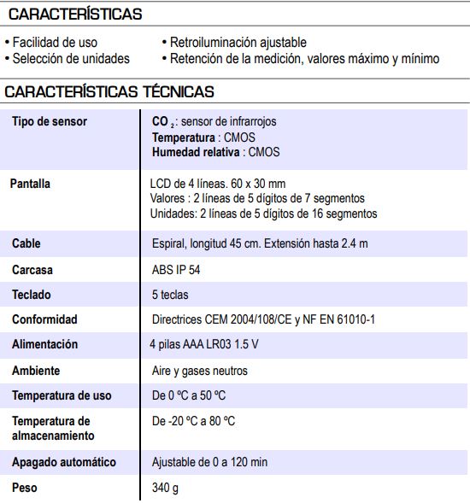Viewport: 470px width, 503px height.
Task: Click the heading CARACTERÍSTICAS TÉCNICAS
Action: (109, 91)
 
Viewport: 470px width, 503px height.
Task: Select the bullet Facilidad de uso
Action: (54, 42)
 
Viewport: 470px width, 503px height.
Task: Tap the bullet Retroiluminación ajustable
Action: (237, 42)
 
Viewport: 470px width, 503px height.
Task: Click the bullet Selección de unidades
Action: (70, 58)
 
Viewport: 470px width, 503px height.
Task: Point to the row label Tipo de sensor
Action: (50, 121)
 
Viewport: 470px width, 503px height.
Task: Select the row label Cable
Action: (26, 243)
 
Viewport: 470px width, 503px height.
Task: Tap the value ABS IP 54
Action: (177, 269)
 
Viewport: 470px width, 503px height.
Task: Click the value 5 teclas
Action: (170, 295)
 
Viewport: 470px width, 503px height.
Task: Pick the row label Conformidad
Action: (44, 319)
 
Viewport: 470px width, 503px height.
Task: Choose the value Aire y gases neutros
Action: (199, 371)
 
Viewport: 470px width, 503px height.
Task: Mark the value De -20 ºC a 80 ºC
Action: (193, 421)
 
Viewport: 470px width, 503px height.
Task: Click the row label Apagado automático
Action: (64, 462)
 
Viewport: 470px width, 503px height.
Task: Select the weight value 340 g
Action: (166, 488)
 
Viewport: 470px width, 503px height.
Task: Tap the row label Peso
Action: (26, 488)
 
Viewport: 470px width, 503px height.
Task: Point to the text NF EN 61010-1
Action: (338, 319)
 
